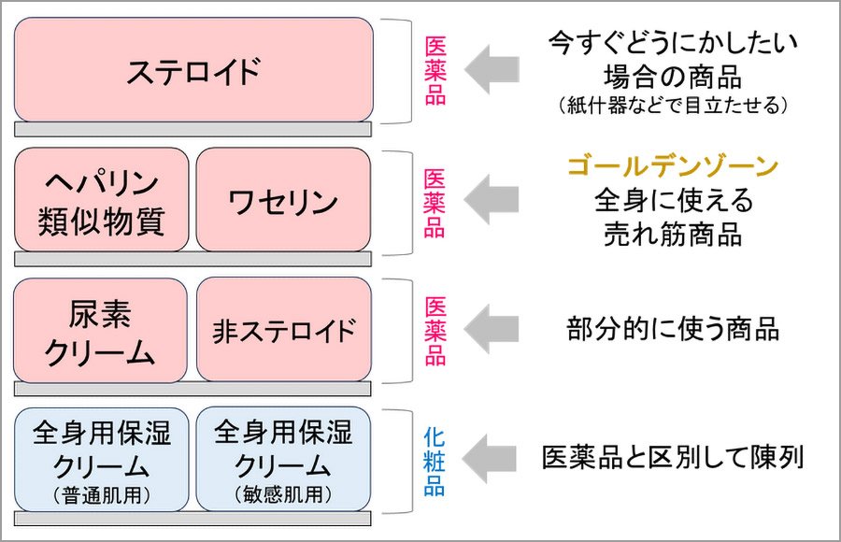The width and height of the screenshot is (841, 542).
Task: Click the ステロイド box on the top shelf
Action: point(193,70)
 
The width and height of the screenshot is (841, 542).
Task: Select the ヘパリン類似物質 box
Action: point(101,199)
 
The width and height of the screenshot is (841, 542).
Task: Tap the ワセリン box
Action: point(283,199)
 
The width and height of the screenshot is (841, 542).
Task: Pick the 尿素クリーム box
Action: point(101,329)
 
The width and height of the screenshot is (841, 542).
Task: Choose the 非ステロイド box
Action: point(283,329)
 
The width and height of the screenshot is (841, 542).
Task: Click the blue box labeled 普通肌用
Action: point(101,459)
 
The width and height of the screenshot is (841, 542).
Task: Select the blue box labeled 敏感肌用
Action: point(283,459)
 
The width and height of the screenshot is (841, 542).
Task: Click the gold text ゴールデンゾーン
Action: point(673,168)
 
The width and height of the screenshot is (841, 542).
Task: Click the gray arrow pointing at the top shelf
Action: point(492,71)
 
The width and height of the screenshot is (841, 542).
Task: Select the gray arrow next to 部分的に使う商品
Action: point(492,329)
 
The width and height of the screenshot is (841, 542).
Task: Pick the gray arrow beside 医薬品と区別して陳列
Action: point(492,459)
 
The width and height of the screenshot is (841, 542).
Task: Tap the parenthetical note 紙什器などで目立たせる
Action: point(673,106)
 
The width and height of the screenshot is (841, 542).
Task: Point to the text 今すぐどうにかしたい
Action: point(673,42)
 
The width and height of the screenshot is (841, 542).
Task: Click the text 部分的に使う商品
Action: point(673,329)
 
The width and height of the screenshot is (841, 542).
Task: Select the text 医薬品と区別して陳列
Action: point(673,459)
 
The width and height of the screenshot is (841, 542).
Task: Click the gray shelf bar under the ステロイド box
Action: point(193,129)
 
